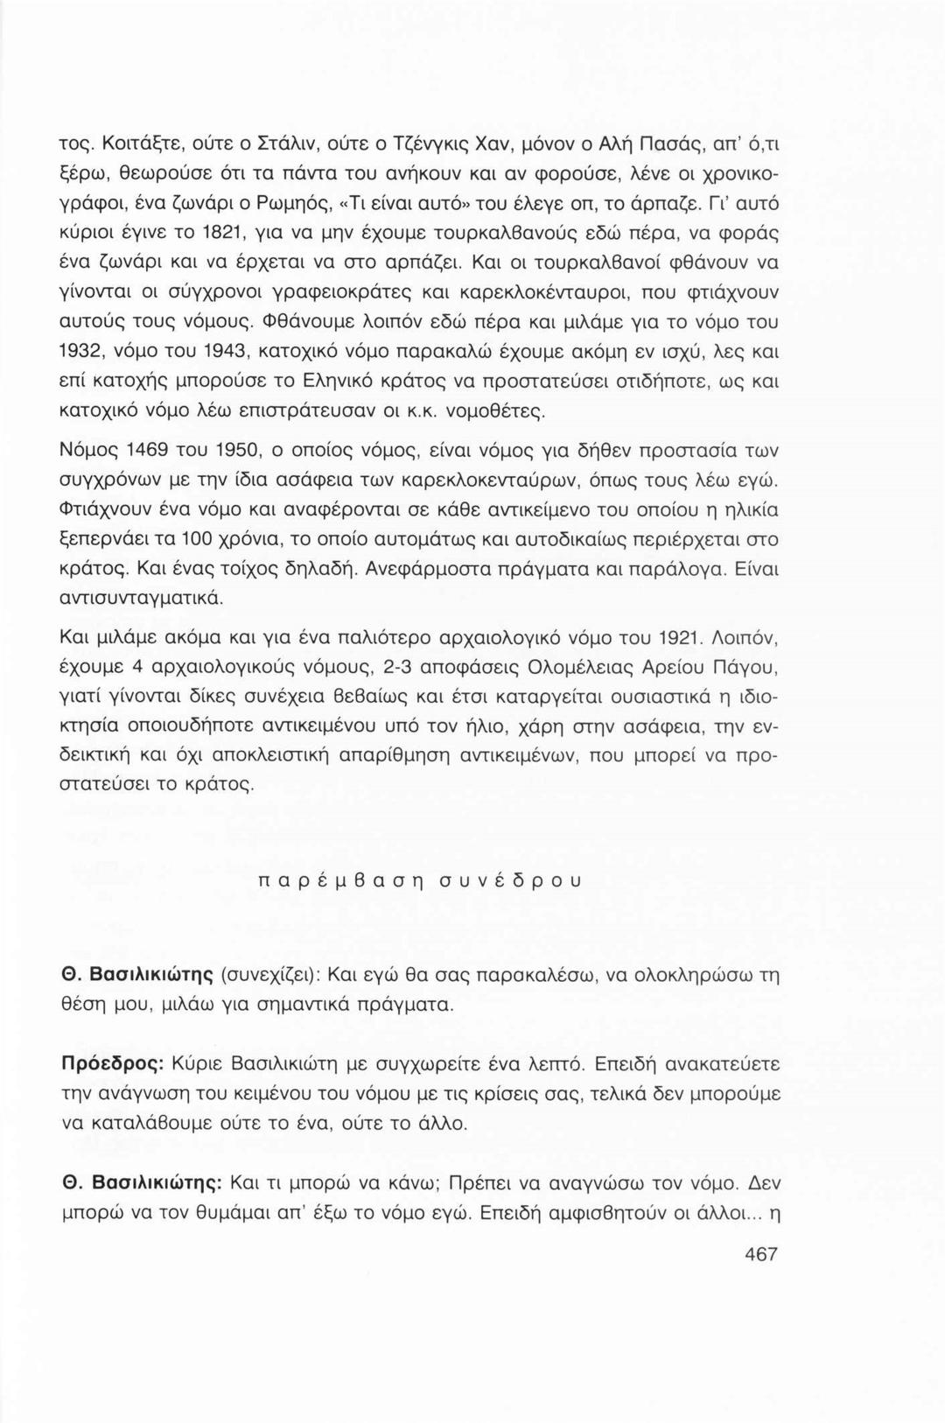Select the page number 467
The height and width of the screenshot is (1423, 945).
[x=759, y=1254]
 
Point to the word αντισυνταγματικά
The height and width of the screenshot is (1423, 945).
[x=140, y=599]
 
